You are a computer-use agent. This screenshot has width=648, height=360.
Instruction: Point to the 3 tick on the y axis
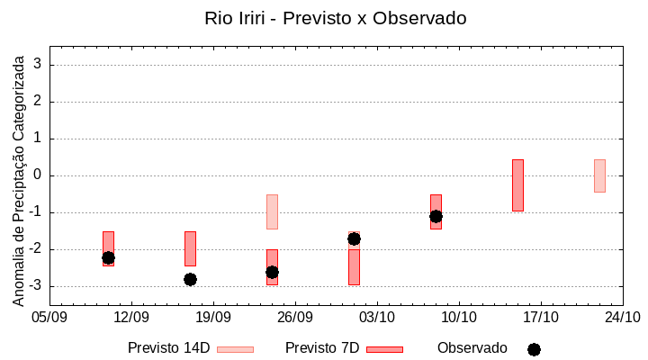[38, 65]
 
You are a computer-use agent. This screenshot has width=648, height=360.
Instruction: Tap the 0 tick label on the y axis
[38, 175]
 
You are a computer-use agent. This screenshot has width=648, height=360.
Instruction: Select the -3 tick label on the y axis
[35, 286]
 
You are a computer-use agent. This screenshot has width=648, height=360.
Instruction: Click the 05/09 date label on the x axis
[49, 317]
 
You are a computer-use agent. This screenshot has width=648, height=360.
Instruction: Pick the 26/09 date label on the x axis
[295, 317]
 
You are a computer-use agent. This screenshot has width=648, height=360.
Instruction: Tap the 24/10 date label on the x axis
[623, 317]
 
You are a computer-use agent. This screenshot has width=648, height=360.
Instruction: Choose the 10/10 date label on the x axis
[459, 317]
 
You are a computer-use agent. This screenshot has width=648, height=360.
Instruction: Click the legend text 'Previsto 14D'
[168, 348]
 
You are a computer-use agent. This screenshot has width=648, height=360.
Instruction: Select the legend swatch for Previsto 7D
[384, 349]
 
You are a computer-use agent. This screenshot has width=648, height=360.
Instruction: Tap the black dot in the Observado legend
[534, 349]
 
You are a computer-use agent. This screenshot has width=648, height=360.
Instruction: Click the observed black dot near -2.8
[190, 279]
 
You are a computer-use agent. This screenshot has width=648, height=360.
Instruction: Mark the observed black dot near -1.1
[436, 216]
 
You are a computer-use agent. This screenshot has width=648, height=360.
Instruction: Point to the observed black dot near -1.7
[354, 238]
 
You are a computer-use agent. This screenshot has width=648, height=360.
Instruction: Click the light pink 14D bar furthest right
[599, 175]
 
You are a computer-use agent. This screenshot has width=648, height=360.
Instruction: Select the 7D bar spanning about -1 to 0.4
[517, 185]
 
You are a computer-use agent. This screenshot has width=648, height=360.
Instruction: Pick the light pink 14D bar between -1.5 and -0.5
[272, 211]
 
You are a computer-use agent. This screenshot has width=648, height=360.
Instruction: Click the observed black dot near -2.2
[108, 257]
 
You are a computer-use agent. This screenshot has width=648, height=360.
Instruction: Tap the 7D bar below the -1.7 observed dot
[354, 267]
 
